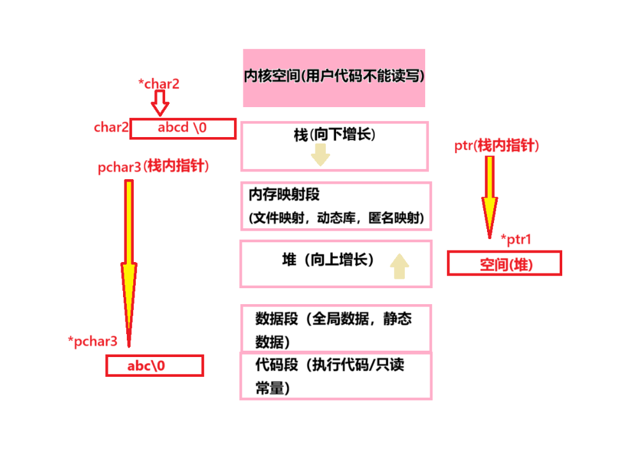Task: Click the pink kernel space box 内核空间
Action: point(333,77)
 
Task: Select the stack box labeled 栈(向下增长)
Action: point(334,146)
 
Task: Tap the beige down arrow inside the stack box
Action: point(320,155)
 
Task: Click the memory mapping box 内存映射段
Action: point(336,206)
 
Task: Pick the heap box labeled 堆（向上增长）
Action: point(335,263)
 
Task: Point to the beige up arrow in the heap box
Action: point(400,266)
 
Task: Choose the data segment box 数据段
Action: point(335,328)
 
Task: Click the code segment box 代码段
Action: point(335,376)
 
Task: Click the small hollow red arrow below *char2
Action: point(161,103)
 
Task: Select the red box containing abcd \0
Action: point(183,129)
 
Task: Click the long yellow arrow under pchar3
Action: point(129,261)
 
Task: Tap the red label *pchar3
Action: point(92,341)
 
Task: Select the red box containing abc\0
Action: point(155,366)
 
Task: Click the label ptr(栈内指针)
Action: point(497,146)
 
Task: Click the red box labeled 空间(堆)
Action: point(504,263)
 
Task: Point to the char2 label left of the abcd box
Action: point(112,128)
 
